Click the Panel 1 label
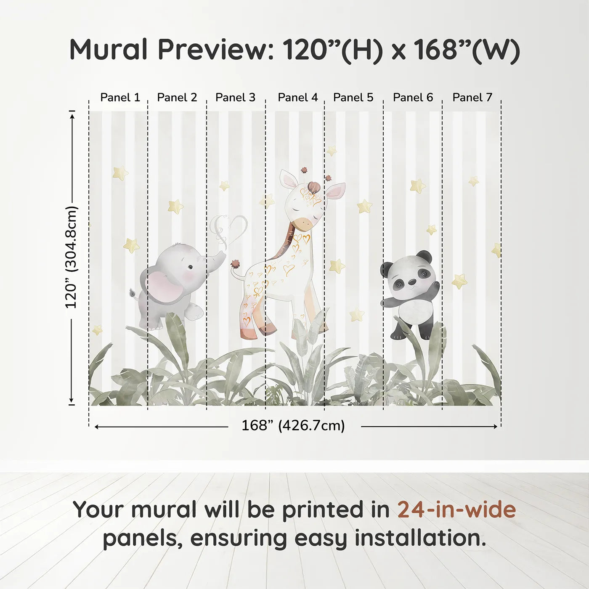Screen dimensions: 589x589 point(120,98)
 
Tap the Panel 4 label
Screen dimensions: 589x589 point(297,98)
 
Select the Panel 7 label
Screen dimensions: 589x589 point(472,98)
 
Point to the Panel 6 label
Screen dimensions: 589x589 point(413,98)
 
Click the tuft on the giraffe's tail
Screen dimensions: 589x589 point(235,264)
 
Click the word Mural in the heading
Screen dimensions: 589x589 point(109,50)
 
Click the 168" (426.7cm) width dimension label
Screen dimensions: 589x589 point(293,426)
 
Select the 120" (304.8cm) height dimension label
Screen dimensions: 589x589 point(72,257)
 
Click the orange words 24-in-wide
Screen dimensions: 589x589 point(456,510)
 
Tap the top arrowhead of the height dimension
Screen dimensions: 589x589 point(72,115)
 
